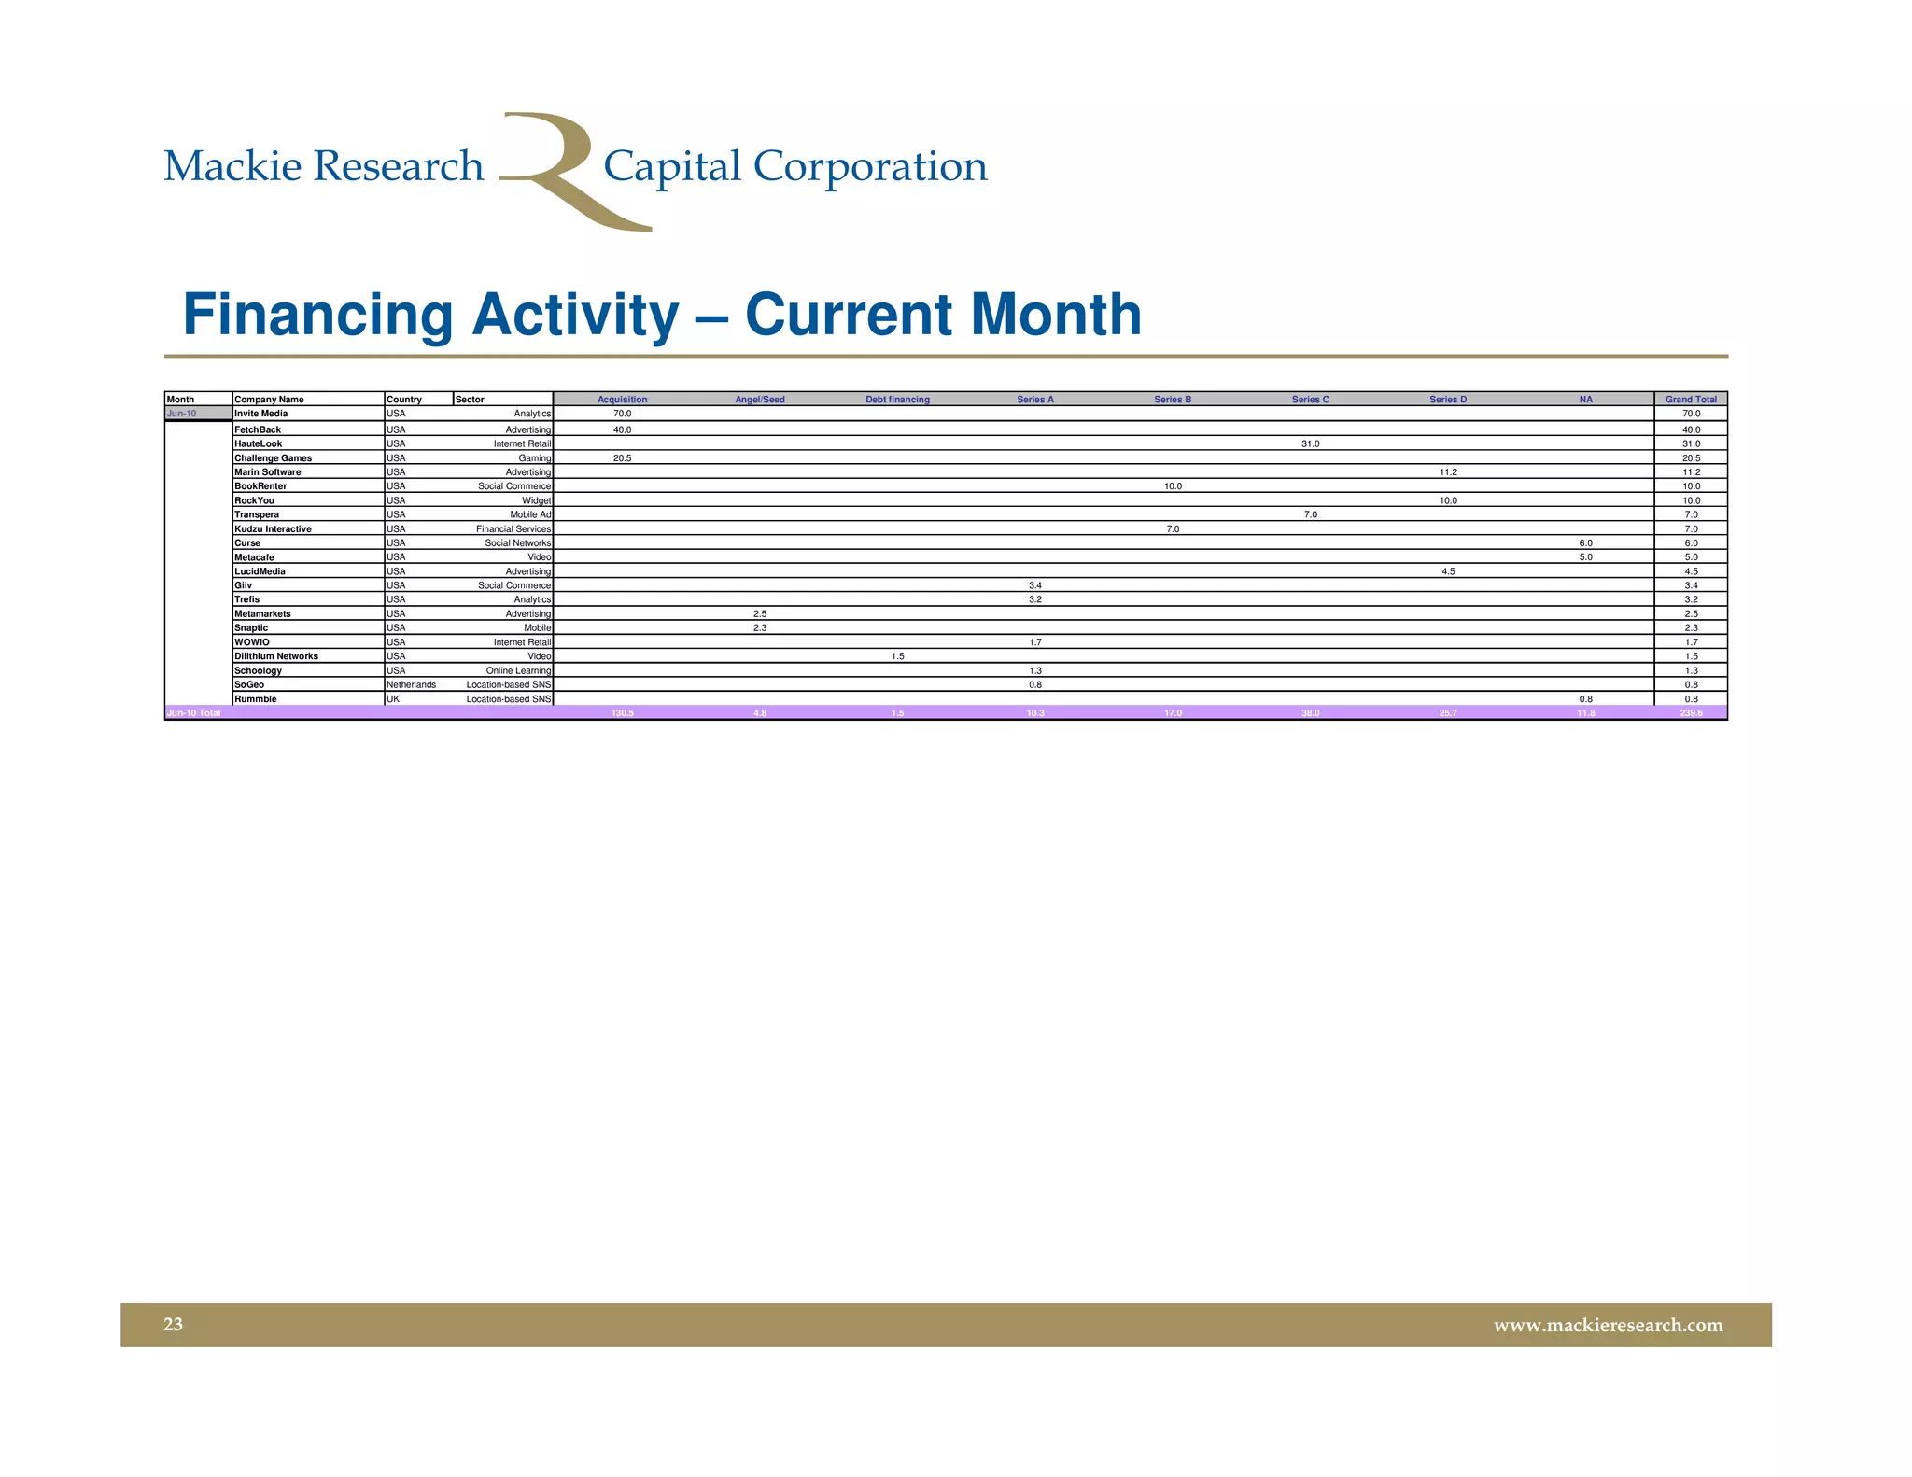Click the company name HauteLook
[258, 443]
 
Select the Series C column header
[1310, 400]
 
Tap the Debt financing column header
[897, 400]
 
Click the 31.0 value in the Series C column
[1310, 443]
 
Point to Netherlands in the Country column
[411, 684]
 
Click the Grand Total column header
[1691, 400]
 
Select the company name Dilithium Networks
[276, 656]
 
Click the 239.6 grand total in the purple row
[1691, 713]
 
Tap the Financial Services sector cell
[513, 528]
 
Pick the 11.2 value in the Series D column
[1448, 472]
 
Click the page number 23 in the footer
[174, 1324]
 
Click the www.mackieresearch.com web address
[1608, 1325]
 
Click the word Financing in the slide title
[317, 315]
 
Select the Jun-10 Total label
[193, 713]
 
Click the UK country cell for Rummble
[393, 698]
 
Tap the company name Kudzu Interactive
[273, 528]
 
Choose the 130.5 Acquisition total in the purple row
[622, 713]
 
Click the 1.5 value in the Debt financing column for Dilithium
[897, 656]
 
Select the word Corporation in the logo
[869, 167]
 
